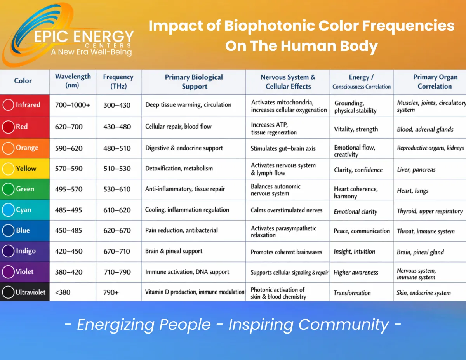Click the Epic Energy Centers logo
68,34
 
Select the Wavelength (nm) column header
73,81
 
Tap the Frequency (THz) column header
118,81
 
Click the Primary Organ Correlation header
435,82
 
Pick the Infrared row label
28,104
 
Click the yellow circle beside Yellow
9,169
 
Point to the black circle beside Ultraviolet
9,292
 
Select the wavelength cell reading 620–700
69,127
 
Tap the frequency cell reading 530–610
117,189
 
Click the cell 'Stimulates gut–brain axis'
283,148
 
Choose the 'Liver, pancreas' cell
416,170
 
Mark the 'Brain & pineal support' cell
174,251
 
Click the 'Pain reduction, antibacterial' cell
181,230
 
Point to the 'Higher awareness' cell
356,272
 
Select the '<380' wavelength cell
63,292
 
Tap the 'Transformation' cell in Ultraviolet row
352,293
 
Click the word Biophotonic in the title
270,26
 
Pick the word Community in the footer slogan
344,324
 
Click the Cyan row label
24,210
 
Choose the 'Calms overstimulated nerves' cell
286,210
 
